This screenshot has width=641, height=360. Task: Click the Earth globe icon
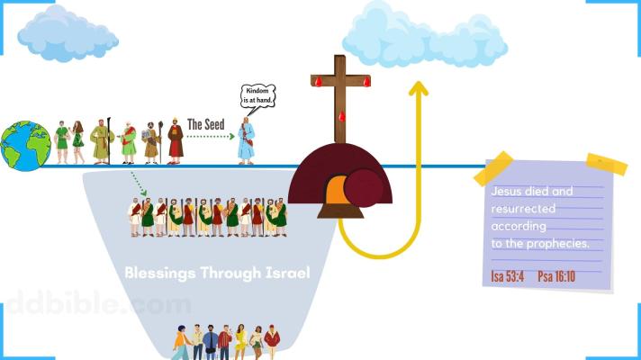click(25, 146)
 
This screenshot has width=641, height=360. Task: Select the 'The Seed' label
click(205, 124)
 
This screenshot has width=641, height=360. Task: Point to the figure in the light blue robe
click(246, 141)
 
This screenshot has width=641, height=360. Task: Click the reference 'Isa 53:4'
click(508, 275)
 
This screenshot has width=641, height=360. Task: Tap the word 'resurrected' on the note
click(517, 208)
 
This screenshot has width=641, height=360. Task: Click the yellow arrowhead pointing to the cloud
click(418, 87)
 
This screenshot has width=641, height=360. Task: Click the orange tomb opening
click(335, 191)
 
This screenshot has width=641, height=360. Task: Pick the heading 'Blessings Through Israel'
click(217, 270)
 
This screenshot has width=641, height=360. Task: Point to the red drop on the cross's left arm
click(317, 82)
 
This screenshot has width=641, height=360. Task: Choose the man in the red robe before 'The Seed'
click(176, 142)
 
